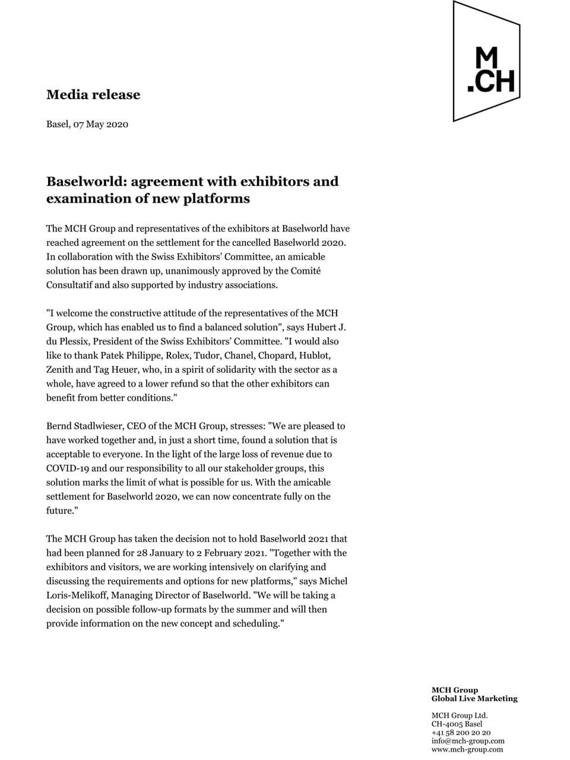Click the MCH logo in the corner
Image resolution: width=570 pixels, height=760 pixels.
coord(487,62)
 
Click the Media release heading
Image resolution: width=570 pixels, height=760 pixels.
coord(93,94)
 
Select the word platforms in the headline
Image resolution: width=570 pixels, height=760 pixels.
coord(216,198)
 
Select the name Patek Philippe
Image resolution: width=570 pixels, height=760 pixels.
coord(128,356)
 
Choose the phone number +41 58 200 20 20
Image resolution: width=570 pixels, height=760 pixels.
coord(461,733)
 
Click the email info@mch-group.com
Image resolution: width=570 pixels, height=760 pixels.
coord(468,741)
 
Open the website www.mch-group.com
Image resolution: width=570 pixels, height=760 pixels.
coord(467,749)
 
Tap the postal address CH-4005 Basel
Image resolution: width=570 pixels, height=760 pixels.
coord(457,724)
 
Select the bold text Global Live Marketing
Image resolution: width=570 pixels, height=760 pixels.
coord(474,699)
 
